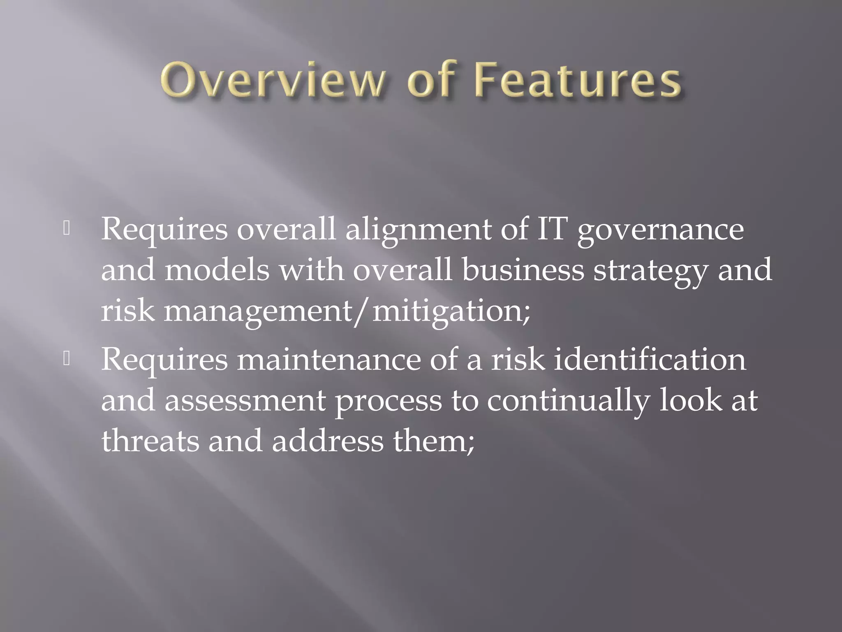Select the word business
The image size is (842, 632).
pyautogui.click(x=523, y=270)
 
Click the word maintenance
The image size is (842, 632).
pyautogui.click(x=329, y=359)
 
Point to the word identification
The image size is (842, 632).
pyautogui.click(x=650, y=359)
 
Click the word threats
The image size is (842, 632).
pyautogui.click(x=150, y=441)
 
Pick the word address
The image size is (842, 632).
pyautogui.click(x=327, y=441)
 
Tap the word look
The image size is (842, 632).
pyautogui.click(x=691, y=400)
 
